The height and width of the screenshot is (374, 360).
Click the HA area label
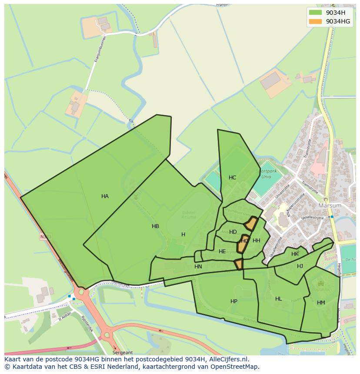[105, 196]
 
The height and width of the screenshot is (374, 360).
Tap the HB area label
[155, 226]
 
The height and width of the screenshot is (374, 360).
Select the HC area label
[232, 178]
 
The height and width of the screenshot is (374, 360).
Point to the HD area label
[233, 232]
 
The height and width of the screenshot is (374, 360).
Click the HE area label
[222, 252]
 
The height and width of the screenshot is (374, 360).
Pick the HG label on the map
[245, 241]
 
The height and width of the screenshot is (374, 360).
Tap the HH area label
[257, 241]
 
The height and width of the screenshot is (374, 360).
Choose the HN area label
[198, 267]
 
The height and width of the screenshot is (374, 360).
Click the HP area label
[234, 301]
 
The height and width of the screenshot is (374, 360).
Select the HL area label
[279, 299]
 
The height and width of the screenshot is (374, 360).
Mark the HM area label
[321, 303]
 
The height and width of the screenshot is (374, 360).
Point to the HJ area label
[300, 266]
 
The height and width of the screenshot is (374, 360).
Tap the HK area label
[295, 254]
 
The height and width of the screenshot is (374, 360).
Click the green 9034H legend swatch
[315, 13]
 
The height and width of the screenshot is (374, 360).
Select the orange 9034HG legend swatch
[315, 21]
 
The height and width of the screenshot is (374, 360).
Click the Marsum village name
[330, 205]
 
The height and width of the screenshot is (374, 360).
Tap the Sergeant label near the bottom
[122, 353]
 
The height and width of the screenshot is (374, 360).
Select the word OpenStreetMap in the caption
[237, 367]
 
